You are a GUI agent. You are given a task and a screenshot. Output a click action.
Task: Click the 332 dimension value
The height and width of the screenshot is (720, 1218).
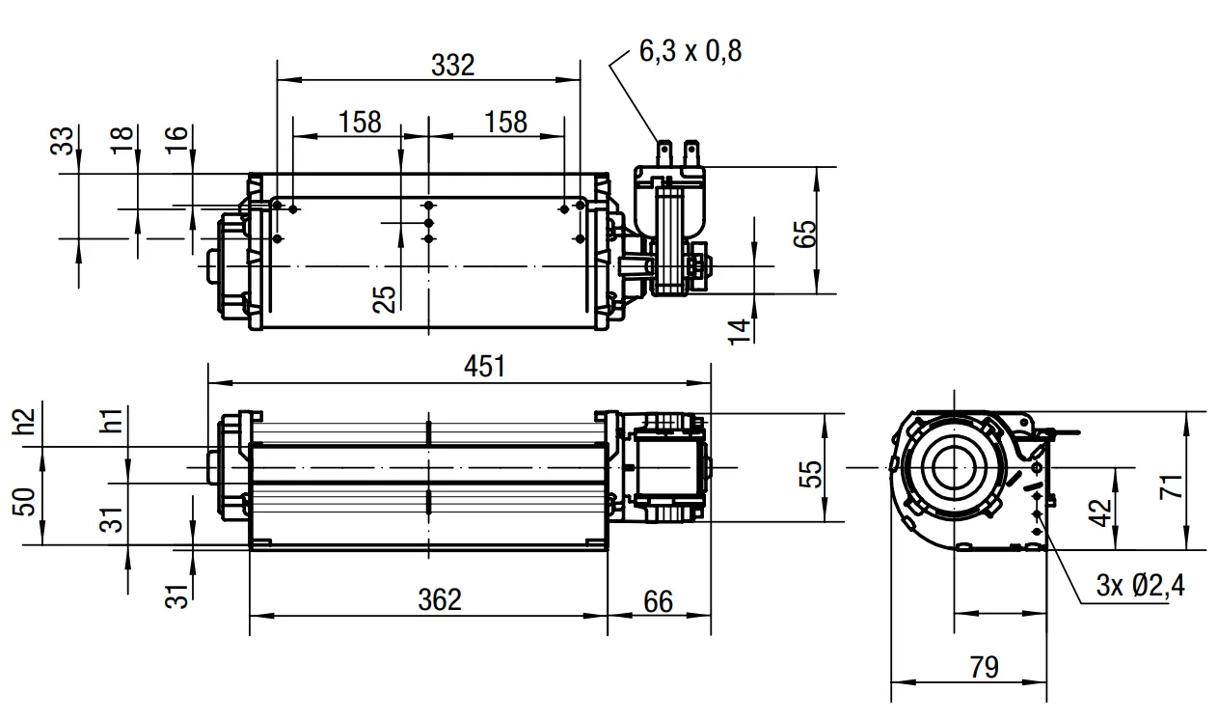click(453, 66)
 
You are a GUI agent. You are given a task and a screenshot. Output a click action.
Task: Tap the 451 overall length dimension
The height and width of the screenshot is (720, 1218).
click(484, 366)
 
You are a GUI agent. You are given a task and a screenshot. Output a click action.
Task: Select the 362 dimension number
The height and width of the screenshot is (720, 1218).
click(440, 599)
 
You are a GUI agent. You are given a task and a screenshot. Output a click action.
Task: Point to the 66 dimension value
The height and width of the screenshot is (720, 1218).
click(658, 602)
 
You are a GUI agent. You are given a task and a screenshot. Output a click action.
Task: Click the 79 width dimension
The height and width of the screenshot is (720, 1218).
click(985, 667)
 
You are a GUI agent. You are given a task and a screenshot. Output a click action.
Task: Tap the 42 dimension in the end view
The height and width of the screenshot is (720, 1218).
click(1099, 512)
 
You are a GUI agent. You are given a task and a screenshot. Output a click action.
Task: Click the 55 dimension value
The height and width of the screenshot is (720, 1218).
click(810, 474)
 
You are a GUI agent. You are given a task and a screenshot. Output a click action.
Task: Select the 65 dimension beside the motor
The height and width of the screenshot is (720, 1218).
click(805, 234)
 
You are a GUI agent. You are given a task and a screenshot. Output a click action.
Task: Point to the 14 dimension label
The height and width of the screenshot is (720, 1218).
click(739, 332)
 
